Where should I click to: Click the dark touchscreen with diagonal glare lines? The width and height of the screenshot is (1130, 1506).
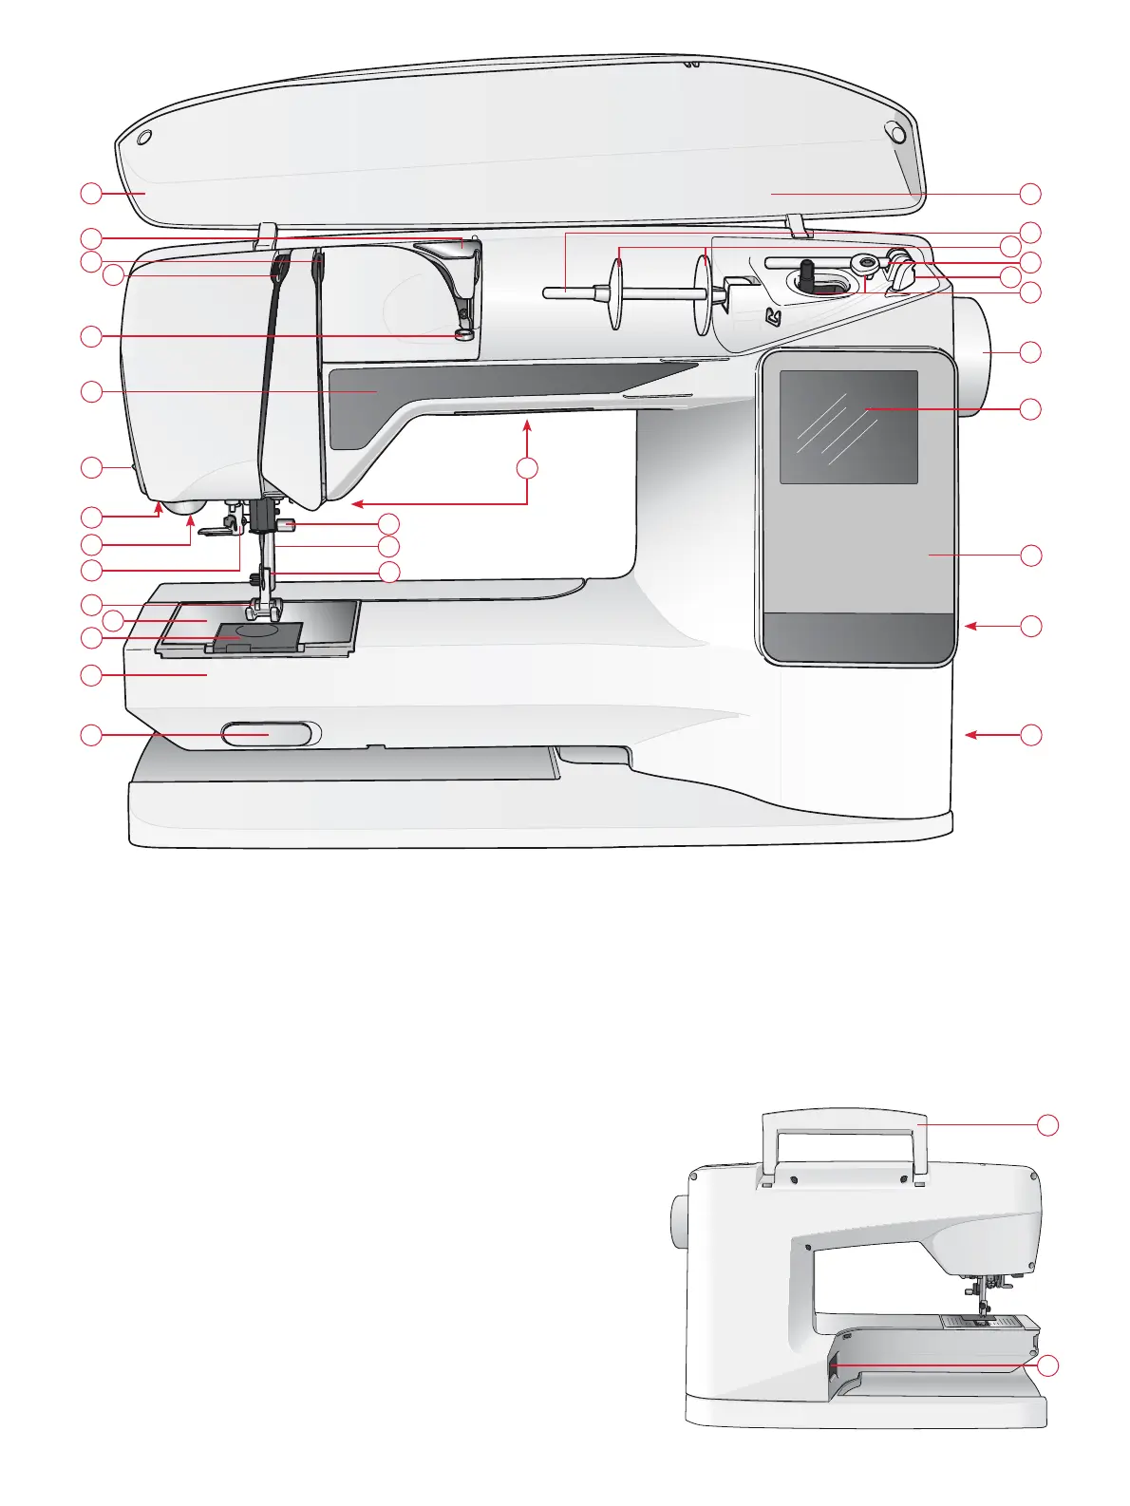848,426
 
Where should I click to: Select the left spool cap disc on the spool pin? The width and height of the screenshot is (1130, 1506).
616,293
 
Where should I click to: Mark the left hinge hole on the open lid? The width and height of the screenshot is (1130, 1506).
143,139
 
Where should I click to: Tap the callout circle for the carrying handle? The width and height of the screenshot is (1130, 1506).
1046,1124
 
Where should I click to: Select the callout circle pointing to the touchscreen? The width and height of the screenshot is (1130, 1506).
1030,409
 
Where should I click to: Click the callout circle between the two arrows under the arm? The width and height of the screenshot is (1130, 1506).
527,467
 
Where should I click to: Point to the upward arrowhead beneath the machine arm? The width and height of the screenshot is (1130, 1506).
527,429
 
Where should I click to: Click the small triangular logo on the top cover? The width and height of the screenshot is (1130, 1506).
773,317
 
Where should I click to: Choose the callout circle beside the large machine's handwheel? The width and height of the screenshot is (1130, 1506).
1030,352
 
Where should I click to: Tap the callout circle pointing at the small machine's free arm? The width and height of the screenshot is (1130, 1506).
1046,1365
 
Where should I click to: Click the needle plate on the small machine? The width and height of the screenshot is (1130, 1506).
978,1321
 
